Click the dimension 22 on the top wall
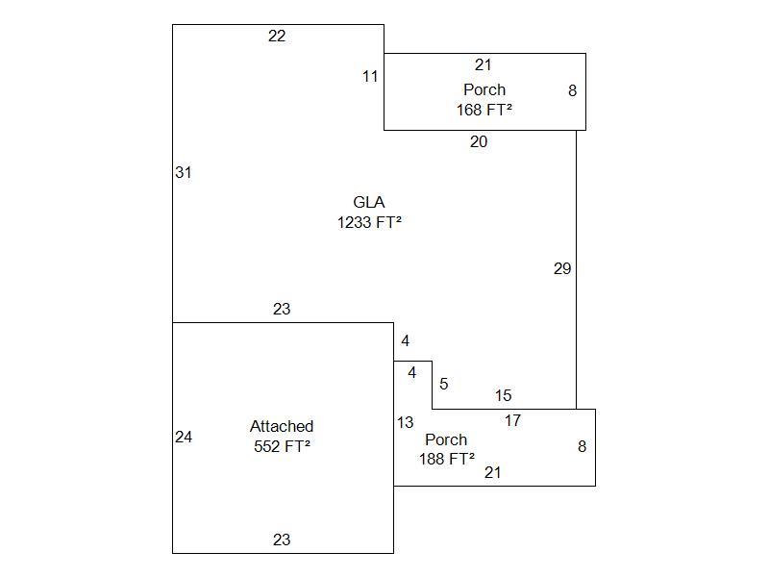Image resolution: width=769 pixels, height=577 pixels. tap(277, 37)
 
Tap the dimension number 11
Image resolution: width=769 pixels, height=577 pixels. tap(370, 77)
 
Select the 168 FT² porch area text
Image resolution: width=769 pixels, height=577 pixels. tap(484, 110)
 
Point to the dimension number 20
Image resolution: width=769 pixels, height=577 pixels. tap(479, 142)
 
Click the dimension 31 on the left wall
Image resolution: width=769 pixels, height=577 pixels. tap(184, 173)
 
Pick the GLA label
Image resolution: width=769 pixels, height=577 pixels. tap(369, 202)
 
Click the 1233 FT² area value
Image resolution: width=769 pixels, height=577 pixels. tap(369, 222)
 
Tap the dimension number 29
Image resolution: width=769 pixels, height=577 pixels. tap(562, 269)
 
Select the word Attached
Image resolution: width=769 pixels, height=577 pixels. tap(282, 426)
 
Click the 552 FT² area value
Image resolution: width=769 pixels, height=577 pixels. tap(282, 446)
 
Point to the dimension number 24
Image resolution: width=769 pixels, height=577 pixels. tap(184, 438)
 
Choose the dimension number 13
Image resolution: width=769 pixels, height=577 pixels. tap(405, 423)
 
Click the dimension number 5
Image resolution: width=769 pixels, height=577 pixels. tap(444, 385)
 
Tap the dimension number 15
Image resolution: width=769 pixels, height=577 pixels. tap(504, 396)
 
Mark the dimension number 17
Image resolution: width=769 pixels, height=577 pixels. tap(513, 421)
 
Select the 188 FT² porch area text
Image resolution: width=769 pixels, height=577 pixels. tap(447, 460)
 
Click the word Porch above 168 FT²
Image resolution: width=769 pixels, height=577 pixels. tap(484, 90)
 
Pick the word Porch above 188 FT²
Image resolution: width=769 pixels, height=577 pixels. tap(446, 440)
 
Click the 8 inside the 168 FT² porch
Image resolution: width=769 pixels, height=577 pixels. tap(573, 91)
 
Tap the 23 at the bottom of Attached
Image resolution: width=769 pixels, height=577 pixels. tap(282, 540)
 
